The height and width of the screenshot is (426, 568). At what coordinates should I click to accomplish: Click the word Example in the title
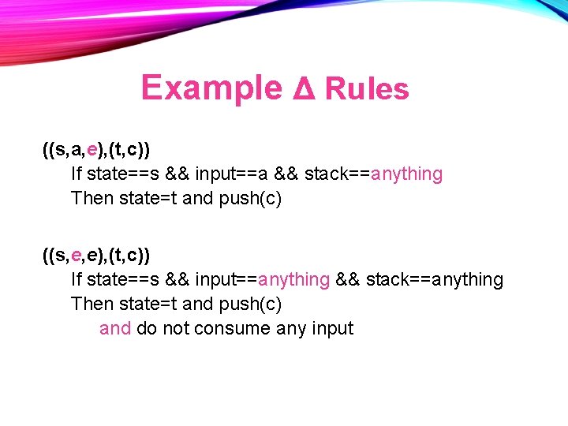coord(211,88)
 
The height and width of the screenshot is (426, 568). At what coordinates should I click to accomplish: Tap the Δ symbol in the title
coord(303,89)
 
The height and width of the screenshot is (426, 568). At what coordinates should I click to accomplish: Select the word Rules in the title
coord(366,89)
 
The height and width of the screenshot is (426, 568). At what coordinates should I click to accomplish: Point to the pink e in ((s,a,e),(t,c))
coord(92,148)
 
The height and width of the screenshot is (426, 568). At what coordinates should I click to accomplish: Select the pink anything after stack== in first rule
coord(406,174)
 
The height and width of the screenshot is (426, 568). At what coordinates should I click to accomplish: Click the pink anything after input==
coord(293,280)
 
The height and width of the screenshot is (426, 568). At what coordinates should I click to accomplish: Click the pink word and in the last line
coord(115,328)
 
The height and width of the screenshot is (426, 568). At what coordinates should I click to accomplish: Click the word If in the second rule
coord(77,280)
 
